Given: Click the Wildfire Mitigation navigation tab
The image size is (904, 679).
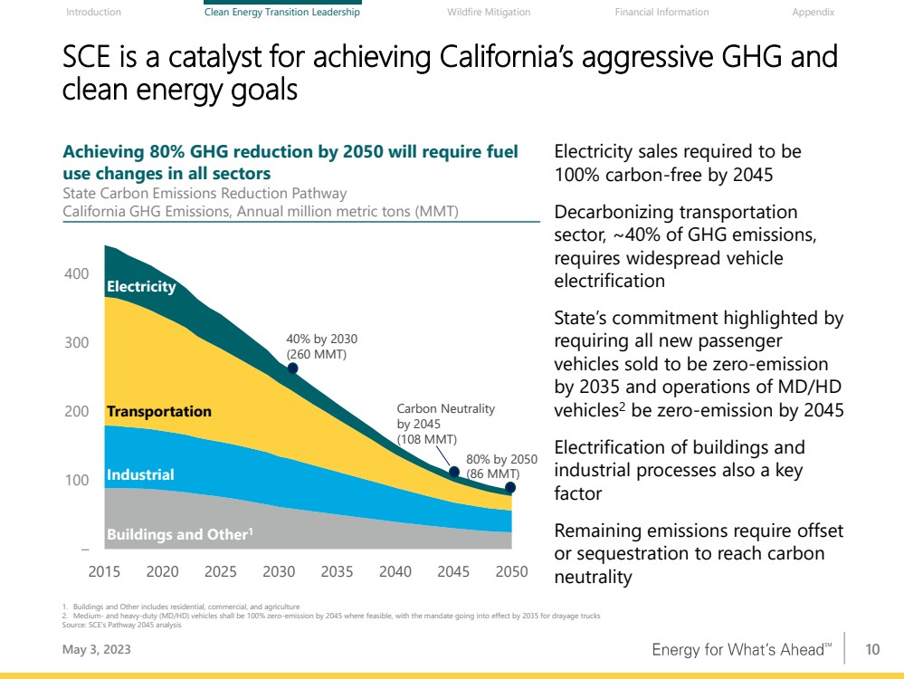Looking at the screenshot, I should (489, 12).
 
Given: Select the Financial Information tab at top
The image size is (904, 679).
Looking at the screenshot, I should (661, 12).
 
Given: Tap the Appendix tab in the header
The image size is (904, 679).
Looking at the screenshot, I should (813, 12).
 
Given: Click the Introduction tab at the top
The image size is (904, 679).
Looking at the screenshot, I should (94, 12).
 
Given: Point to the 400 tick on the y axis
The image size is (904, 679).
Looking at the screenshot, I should (77, 273).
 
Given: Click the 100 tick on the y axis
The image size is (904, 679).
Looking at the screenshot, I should (77, 480).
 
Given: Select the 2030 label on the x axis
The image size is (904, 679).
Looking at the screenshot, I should (279, 572).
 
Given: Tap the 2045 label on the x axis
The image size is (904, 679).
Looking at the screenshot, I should (453, 572).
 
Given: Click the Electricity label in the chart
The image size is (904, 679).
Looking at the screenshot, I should (141, 286).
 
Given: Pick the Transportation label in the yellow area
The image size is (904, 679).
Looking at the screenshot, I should (158, 411).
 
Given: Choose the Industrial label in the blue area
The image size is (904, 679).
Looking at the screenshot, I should (140, 474).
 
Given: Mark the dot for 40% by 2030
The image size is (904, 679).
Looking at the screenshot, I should (292, 368).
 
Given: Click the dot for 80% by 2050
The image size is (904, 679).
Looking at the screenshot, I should (510, 488).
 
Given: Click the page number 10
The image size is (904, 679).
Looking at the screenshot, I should (872, 649).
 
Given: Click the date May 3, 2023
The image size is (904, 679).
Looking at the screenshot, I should (90, 649).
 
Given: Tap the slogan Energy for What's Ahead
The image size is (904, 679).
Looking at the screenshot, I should (740, 650).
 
